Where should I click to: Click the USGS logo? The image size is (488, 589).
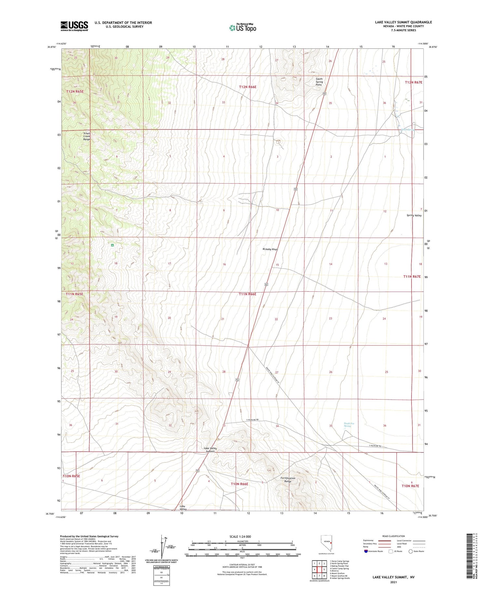click(74, 26)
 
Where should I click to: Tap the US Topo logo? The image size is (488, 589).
click(243, 28)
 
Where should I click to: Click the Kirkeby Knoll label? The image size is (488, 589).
click(270, 249)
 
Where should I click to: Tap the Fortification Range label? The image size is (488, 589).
click(288, 480)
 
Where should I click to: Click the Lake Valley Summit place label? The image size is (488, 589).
click(210, 450)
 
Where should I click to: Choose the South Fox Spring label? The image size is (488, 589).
click(349, 425)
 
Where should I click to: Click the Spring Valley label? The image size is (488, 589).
click(414, 215)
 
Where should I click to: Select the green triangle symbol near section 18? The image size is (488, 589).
click(112, 245)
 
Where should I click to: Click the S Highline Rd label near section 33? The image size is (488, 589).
click(252, 420)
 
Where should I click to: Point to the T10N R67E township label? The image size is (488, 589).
click(410, 486)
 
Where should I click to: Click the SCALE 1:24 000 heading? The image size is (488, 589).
click(240, 536)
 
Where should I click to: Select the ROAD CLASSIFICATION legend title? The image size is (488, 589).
click(394, 536)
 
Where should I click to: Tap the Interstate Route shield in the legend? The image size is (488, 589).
click(366, 551)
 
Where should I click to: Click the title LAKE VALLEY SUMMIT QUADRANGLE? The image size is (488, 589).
click(403, 22)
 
